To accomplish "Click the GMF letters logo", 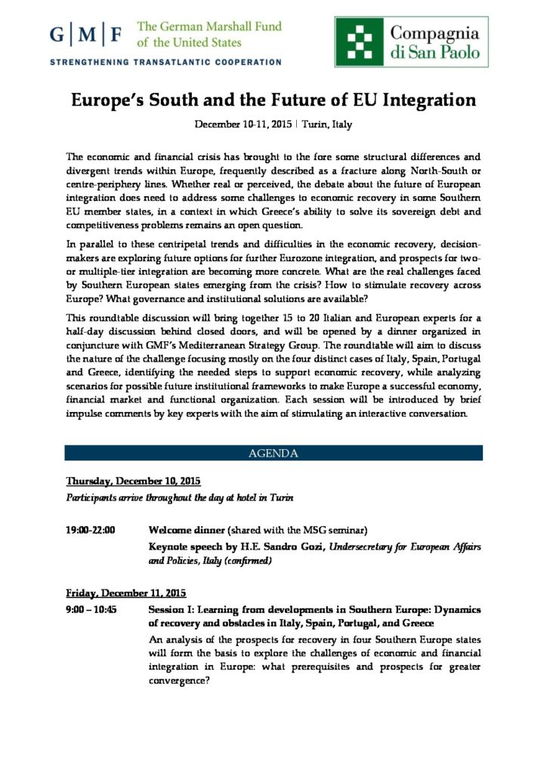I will pos(87,34).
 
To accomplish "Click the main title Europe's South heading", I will pos(273,100).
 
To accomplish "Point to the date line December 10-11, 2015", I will pos(243,125).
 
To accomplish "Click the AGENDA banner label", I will pos(273,453).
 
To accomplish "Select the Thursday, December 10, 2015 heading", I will pos(133,481).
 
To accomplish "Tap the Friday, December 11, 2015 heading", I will pos(126,593).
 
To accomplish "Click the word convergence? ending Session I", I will pos(179,680).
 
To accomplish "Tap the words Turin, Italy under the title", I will pos(328,125).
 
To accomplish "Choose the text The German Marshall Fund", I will pos(209,26).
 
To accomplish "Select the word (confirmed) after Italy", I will pos(247,561).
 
